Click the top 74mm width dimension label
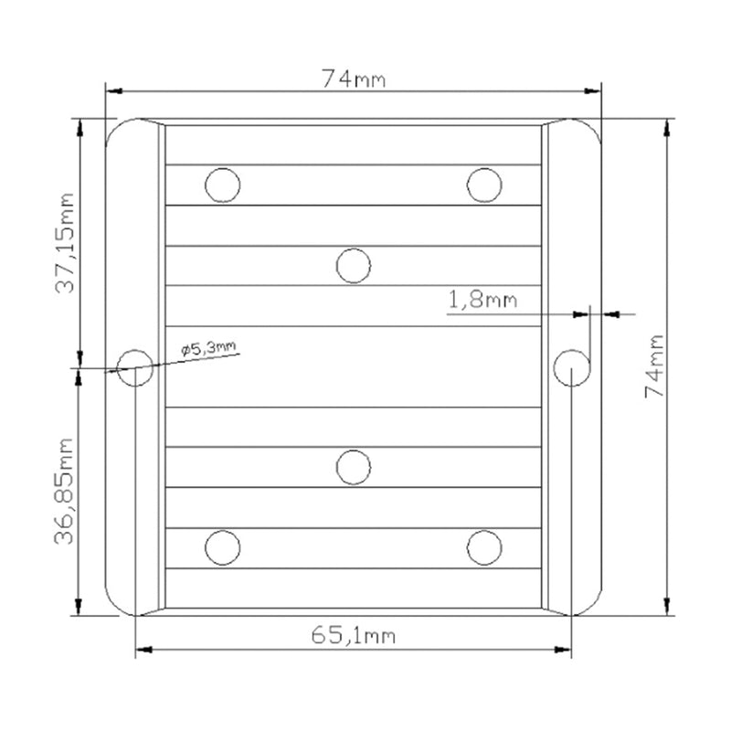[354, 79]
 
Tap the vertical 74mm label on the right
[654, 366]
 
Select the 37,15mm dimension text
[64, 242]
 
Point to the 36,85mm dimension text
[64, 491]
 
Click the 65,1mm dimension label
[354, 635]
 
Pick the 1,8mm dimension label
[482, 300]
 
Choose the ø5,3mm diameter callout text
[208, 348]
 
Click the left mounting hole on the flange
[135, 368]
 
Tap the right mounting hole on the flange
[572, 368]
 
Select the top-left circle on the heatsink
[223, 185]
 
